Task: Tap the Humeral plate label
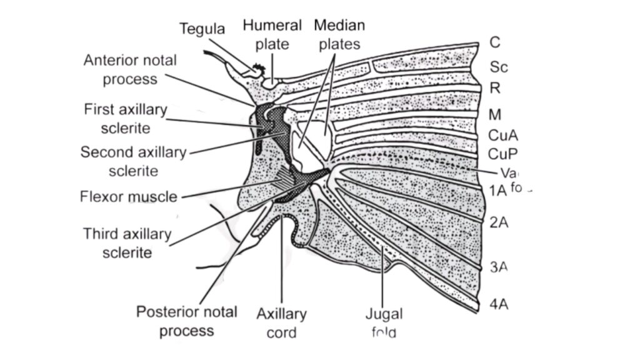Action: coord(272,35)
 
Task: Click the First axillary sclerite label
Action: coord(126,119)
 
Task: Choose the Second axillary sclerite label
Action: coord(133,161)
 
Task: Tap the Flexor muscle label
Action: coord(128,197)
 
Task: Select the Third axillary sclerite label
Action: coord(127,243)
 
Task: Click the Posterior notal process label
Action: coord(186,321)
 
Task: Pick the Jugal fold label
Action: coord(384,322)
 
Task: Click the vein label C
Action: coord(494,43)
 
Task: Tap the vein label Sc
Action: coord(498,66)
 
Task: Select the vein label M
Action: coord(496,114)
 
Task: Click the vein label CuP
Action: coord(502,153)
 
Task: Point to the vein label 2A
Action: coord(498,222)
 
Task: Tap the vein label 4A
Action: coord(499,305)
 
